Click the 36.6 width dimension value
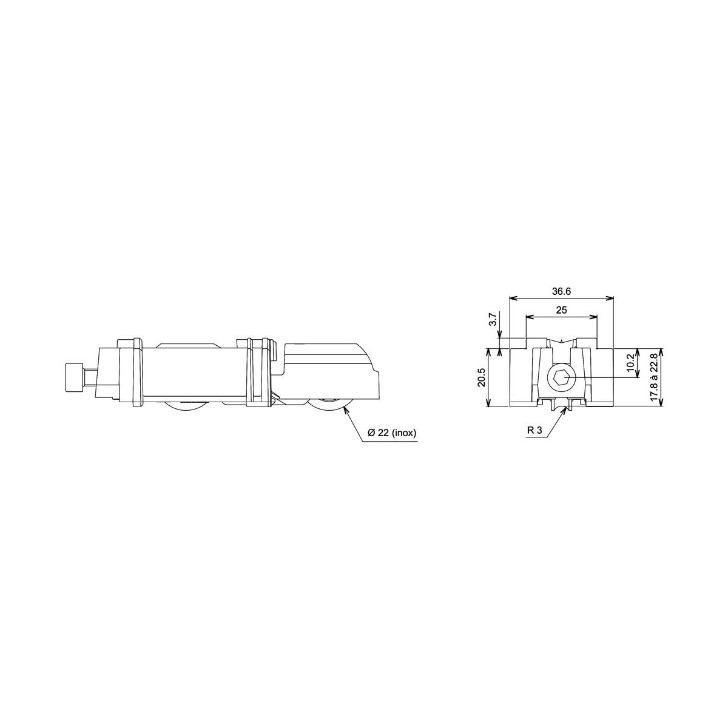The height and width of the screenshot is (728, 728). (x=561, y=292)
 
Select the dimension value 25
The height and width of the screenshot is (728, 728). (x=561, y=310)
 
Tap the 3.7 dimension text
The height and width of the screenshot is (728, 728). (x=493, y=320)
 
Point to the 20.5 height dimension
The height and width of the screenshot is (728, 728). (x=481, y=378)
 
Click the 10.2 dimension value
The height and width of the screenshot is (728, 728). (x=630, y=363)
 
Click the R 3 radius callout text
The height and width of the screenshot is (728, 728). (x=534, y=430)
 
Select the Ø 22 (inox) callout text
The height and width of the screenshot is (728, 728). (x=391, y=433)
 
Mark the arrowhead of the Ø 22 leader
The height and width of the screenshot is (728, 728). (x=345, y=409)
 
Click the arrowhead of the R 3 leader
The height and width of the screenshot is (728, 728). (x=568, y=409)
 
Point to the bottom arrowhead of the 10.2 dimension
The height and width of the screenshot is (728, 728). (x=637, y=376)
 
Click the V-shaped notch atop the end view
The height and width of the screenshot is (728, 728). (x=562, y=343)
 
